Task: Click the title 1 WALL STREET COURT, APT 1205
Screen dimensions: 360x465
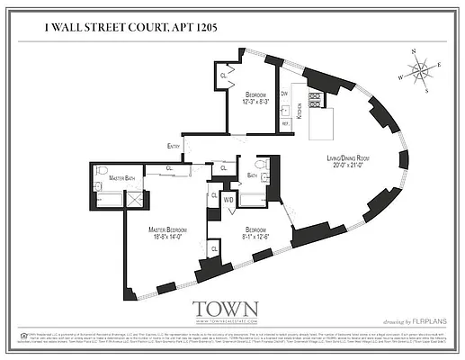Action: pyautogui.click(x=130, y=29)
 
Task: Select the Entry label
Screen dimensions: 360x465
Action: pyautogui.click(x=174, y=146)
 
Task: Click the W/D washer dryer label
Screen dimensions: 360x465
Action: pyautogui.click(x=228, y=199)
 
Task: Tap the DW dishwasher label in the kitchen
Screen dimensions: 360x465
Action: pyautogui.click(x=283, y=93)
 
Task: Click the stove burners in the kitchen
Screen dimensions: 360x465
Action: pyautogui.click(x=315, y=101)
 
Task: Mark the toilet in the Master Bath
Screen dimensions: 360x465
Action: pyautogui.click(x=102, y=170)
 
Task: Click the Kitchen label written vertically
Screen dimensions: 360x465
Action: pyautogui.click(x=300, y=112)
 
